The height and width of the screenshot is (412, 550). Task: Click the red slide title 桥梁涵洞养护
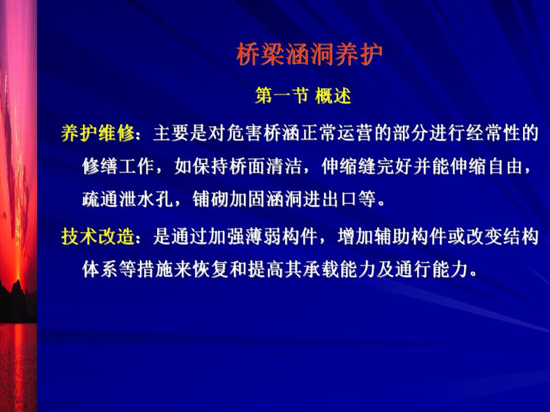coord(308,56)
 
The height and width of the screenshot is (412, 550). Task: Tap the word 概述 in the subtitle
coord(333,96)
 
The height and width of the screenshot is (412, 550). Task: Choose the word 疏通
coord(98,199)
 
